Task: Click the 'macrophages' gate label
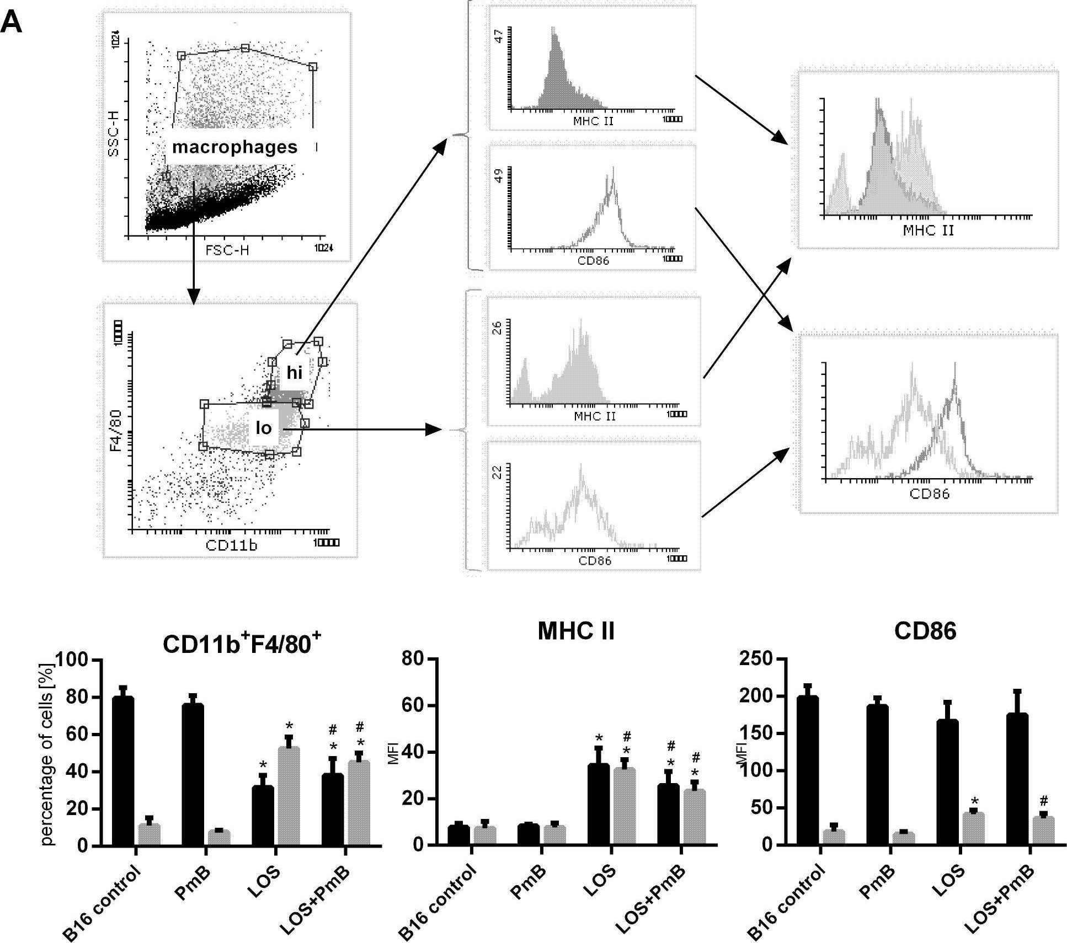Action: (x=234, y=147)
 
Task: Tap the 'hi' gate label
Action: (x=295, y=373)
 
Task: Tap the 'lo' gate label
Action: (x=264, y=428)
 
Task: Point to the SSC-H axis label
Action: (x=114, y=135)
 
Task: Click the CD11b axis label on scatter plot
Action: (x=231, y=546)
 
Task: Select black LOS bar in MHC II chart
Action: (x=598, y=805)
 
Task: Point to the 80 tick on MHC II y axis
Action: (x=418, y=659)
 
